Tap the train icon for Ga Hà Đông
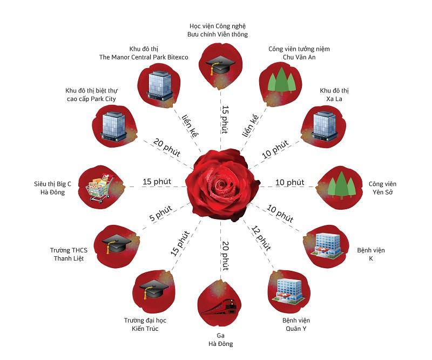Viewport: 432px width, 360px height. [218, 307]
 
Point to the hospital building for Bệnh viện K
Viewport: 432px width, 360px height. [328, 243]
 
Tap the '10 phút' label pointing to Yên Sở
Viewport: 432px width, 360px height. [289, 183]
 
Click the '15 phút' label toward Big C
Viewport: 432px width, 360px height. [156, 182]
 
